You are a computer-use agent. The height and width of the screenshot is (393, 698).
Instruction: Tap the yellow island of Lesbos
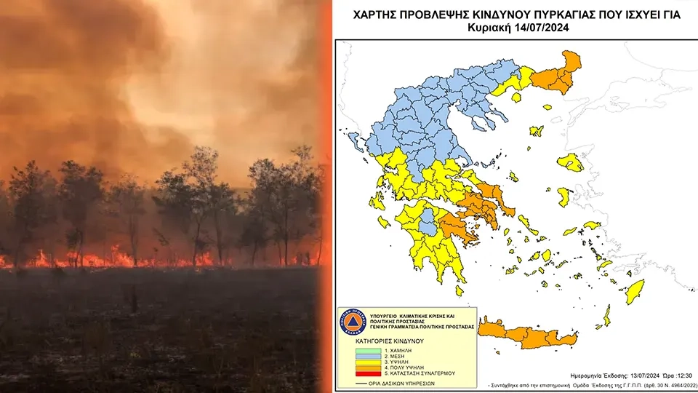coord(572,162)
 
